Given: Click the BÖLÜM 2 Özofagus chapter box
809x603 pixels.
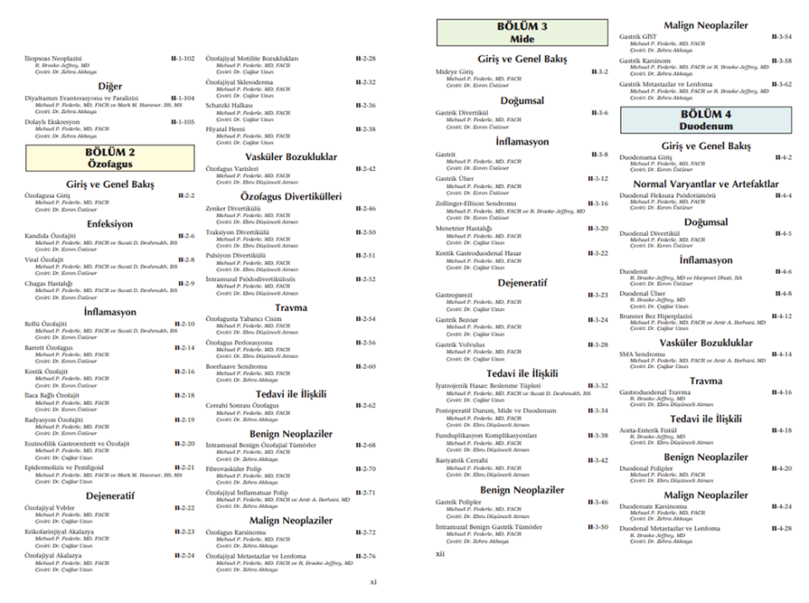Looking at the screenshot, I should [109, 158].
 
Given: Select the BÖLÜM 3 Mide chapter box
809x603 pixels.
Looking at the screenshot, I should [522, 33].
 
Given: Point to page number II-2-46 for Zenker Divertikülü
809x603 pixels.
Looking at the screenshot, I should [365, 208].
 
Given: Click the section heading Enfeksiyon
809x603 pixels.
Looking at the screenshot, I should [109, 224].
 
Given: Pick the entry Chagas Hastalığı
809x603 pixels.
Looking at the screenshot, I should [49, 284].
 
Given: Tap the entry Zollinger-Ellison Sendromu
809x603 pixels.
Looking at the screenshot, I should [475, 204].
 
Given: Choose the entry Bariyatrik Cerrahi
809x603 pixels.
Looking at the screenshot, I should [463, 461].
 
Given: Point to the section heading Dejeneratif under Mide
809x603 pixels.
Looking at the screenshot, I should [522, 282].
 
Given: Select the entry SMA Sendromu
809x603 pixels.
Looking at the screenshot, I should [642, 355].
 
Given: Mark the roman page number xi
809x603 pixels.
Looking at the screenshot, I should [374, 581].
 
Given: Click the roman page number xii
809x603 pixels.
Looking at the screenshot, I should [440, 553].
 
